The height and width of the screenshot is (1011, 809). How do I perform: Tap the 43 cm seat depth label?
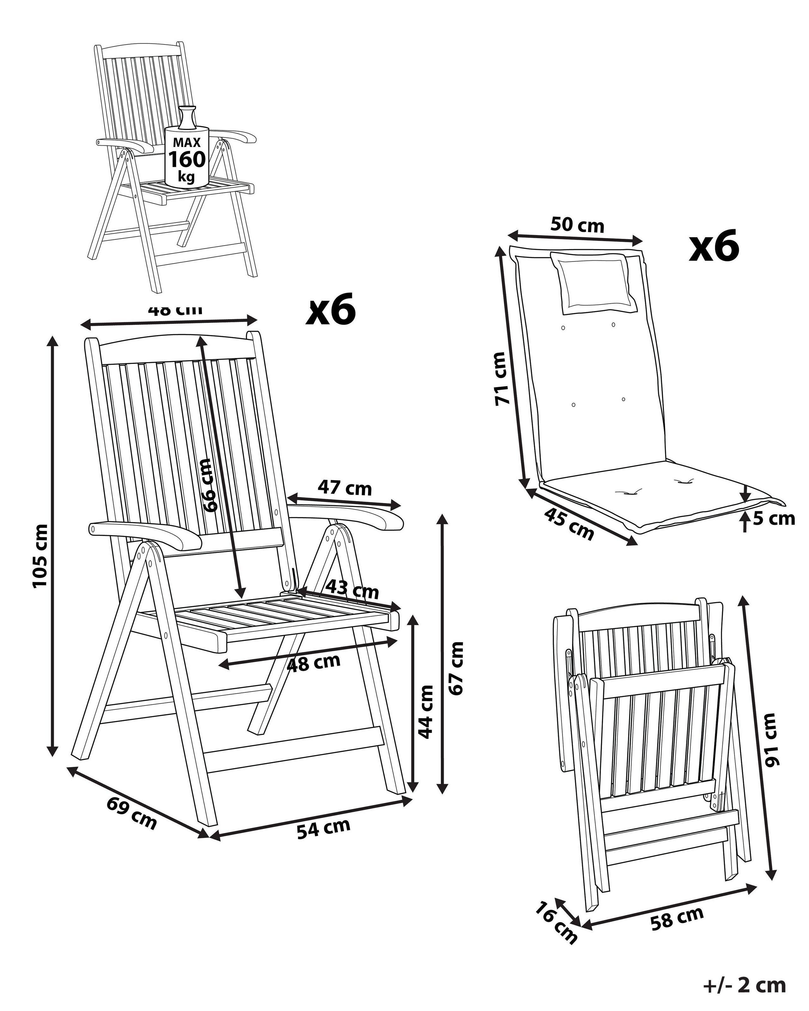pos(352,589)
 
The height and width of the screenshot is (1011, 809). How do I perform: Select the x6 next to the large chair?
pos(331,310)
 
